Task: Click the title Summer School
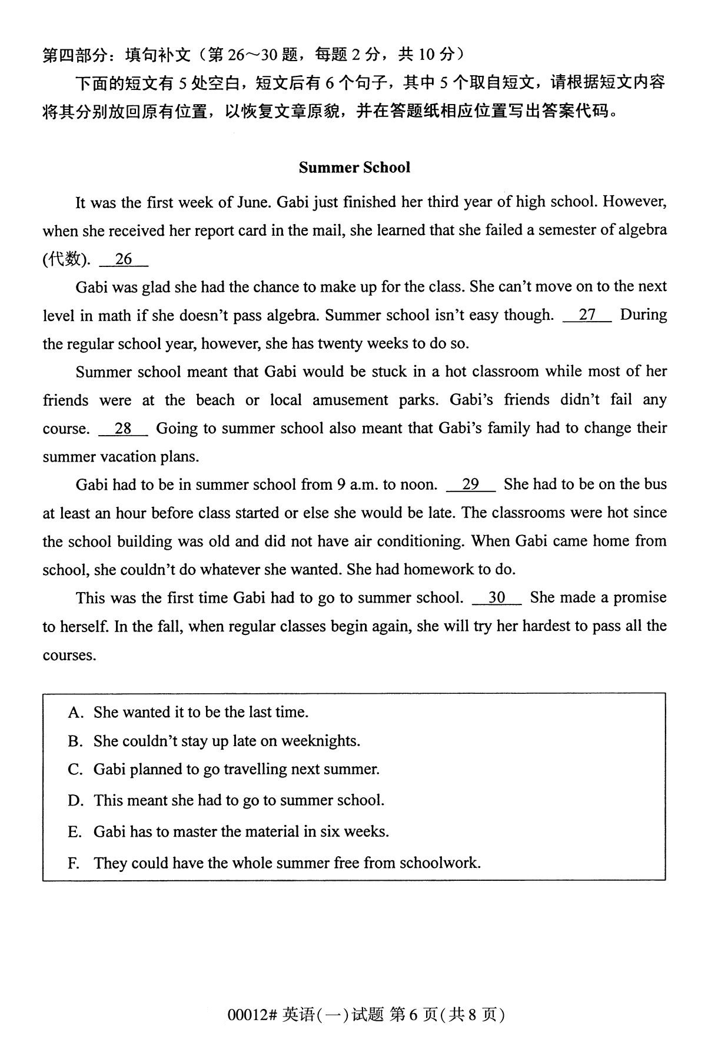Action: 354,168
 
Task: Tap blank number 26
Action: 124,259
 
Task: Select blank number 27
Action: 587,315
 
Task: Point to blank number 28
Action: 123,429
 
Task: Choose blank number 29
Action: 471,484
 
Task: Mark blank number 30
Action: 497,598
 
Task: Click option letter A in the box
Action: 74,713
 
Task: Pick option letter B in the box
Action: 74,741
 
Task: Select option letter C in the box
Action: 74,770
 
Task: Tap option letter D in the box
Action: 74,801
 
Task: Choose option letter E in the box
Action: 74,832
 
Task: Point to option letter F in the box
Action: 74,863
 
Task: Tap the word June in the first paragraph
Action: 253,202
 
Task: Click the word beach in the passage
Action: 215,400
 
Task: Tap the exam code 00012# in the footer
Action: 252,1014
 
